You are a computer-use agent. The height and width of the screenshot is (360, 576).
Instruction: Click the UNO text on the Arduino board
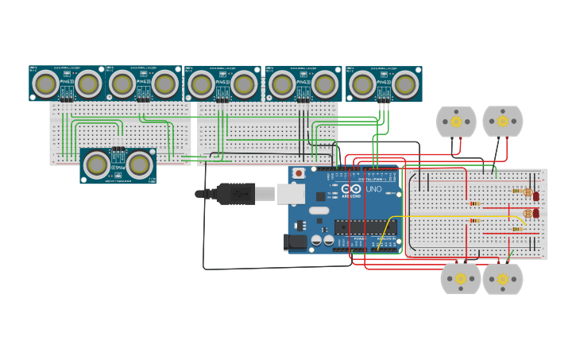373,189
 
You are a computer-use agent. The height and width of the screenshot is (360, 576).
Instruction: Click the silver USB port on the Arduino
290,193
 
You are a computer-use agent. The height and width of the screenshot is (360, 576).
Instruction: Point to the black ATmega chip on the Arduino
365,226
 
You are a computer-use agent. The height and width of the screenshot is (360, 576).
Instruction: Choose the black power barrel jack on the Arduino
296,242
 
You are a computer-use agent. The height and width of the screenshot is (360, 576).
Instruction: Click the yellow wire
445,216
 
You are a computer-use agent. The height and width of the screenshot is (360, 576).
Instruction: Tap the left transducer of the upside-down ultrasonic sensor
97,165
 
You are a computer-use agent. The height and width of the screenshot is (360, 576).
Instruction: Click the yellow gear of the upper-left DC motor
456,122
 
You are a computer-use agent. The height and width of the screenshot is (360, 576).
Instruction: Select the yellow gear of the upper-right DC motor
502,122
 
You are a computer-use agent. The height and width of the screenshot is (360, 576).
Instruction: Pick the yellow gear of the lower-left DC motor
461,279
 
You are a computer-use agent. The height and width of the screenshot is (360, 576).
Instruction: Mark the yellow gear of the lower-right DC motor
502,279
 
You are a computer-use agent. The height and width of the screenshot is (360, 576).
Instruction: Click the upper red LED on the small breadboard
535,195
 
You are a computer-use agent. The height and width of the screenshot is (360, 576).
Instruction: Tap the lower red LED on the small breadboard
535,213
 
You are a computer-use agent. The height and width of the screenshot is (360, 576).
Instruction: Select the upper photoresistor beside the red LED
527,192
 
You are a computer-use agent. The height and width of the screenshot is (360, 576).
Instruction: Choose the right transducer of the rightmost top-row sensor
405,83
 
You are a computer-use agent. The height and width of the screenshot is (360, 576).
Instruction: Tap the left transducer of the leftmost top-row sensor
46,83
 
